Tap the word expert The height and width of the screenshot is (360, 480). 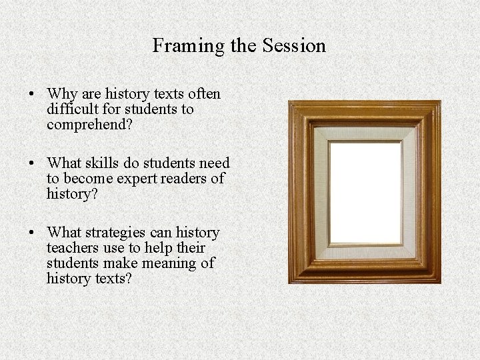tap(141, 179)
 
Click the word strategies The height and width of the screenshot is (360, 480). tap(117, 233)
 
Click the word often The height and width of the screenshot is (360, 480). tap(205, 94)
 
